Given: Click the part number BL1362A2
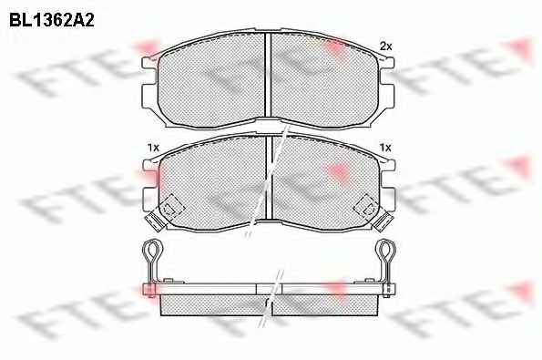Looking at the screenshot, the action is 52,20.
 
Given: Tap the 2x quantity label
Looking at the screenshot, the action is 385,46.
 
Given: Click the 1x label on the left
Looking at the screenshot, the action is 153,148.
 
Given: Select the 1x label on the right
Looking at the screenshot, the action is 385,148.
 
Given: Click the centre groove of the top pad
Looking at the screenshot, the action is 268,75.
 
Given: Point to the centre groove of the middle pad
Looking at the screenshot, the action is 269,178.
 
